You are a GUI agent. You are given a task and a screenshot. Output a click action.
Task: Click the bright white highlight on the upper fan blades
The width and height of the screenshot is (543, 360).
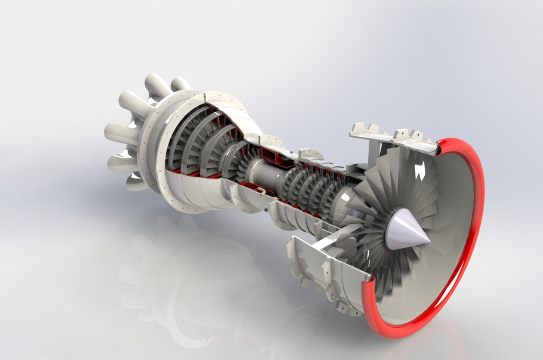(420, 171)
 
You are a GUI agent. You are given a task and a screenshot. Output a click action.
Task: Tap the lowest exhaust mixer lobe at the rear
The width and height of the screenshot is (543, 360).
(136, 182)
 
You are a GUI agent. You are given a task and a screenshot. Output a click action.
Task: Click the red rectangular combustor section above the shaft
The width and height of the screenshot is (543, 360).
(270, 154)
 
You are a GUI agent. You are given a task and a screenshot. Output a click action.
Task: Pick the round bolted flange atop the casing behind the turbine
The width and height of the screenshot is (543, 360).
(310, 154)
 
